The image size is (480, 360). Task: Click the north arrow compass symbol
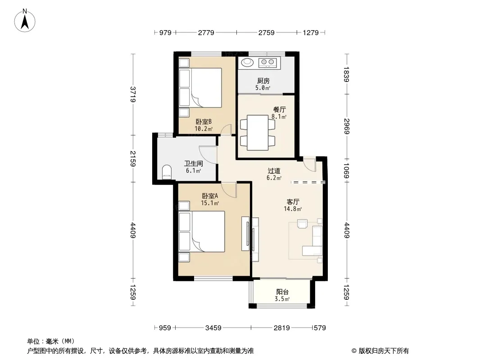click(x=25, y=21)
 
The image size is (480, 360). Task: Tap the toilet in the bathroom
click(x=166, y=172)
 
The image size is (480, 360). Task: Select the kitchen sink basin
click(x=247, y=63)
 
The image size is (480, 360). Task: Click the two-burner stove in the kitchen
click(x=267, y=63)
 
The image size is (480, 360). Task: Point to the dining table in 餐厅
click(x=258, y=132)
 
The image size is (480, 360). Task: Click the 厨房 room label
click(x=263, y=81)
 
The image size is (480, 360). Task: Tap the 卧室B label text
click(x=204, y=122)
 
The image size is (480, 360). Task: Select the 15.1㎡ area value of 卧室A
click(x=210, y=203)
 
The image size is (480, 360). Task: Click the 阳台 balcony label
click(x=282, y=292)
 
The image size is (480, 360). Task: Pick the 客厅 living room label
click(x=293, y=202)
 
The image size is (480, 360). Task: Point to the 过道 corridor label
click(x=274, y=171)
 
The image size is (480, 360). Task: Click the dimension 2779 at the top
click(x=206, y=32)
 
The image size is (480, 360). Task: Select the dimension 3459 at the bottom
click(x=213, y=328)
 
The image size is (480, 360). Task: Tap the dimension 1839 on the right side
click(x=347, y=74)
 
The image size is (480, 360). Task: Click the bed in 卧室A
click(x=202, y=232)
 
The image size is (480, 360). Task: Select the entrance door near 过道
click(x=309, y=165)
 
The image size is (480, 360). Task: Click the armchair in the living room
click(x=302, y=224)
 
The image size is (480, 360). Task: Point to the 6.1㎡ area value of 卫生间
click(x=194, y=171)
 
